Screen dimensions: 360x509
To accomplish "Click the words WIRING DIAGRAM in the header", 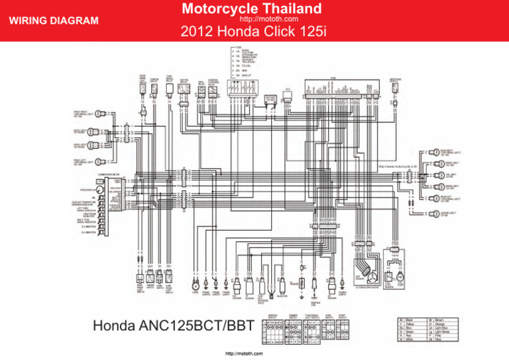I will click(51, 21).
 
